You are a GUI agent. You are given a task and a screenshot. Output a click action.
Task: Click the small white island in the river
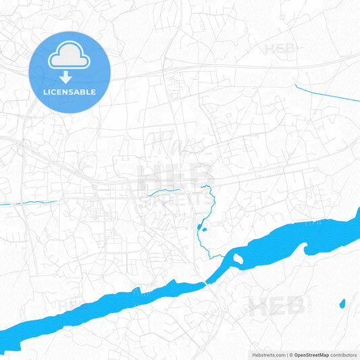coord(238,258)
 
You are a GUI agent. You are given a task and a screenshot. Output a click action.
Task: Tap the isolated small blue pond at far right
coord(342,303)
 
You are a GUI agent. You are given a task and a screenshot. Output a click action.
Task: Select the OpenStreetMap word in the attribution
coord(311,354)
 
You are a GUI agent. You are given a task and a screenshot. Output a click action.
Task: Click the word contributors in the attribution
coord(343,354)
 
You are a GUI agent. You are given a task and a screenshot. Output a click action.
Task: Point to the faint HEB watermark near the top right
coord(279,49)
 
